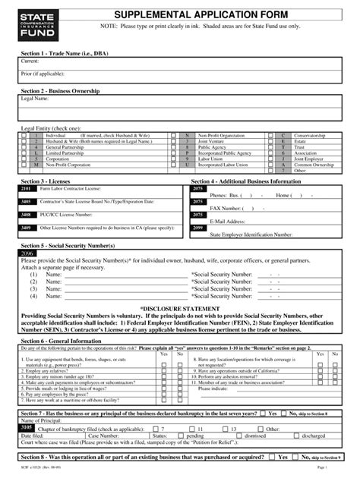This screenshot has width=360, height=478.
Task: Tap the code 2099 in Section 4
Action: (x=197, y=228)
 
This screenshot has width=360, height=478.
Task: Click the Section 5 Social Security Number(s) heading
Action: (x=69, y=247)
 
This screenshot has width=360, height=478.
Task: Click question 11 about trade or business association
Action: (x=243, y=383)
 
